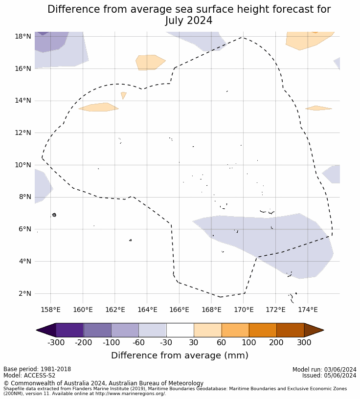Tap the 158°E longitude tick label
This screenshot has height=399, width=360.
(50, 310)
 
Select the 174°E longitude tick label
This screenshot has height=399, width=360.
(308, 310)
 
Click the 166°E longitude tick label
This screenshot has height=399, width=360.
(179, 310)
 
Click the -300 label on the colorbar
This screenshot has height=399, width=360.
(56, 343)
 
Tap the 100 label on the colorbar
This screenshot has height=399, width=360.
(249, 343)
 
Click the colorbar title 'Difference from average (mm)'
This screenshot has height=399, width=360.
(180, 355)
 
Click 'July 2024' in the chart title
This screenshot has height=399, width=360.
(189, 21)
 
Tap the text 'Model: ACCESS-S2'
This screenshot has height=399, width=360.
(29, 376)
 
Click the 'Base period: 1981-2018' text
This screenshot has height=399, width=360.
(37, 369)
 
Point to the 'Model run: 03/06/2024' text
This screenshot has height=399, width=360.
(324, 369)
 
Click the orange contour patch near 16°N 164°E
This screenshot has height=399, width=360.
(150, 62)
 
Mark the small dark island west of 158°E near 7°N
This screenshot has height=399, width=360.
(54, 215)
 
